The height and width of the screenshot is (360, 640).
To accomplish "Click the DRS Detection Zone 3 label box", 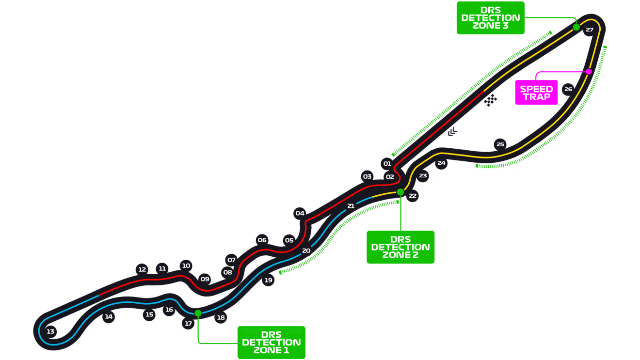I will tap(491, 18).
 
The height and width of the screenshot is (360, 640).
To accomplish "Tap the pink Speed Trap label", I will tap(536, 93).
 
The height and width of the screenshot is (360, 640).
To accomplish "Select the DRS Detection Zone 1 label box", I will tap(272, 342).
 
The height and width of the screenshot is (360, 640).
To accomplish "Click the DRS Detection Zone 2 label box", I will tap(400, 247).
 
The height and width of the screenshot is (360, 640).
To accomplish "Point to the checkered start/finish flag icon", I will tap(491, 100).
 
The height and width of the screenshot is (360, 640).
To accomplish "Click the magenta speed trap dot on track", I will tap(589, 72).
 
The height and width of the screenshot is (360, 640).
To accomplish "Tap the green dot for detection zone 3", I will tap(576, 27).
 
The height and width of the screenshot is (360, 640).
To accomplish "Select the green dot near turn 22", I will tap(400, 192).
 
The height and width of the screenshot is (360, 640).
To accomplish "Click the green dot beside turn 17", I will tap(198, 313).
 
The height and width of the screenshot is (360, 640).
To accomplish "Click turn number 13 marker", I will tap(50, 332).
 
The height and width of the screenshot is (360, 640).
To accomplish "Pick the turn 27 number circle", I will tap(589, 30).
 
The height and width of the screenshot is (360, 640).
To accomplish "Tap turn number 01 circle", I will tap(386, 164).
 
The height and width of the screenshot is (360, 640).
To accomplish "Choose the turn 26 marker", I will tap(568, 89).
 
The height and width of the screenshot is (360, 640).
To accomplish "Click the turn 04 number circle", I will tap(300, 213).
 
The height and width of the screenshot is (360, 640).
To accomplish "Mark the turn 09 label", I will tap(205, 279).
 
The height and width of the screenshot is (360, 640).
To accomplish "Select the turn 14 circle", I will tap(109, 317).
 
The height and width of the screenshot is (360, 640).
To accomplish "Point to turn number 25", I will tap(500, 144).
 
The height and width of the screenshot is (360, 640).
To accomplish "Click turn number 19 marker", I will tap(268, 280).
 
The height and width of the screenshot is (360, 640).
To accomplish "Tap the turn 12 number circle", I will tap(142, 269).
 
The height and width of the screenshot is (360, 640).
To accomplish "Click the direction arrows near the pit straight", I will tap(452, 131).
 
